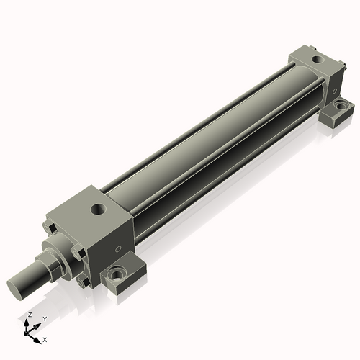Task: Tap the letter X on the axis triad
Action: [45, 340]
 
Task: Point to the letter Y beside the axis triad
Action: [45, 319]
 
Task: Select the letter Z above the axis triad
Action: [30, 315]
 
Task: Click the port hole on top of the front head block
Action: [98, 210]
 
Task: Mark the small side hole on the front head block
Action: [117, 249]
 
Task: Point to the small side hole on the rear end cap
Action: [334, 91]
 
